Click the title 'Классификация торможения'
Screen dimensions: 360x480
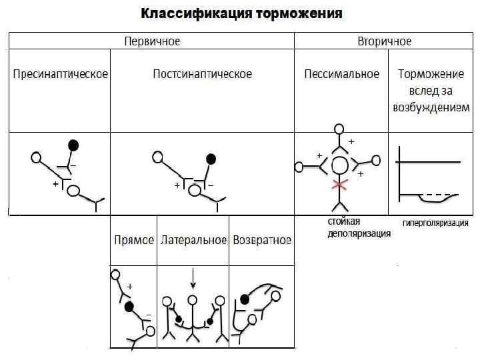[241, 13]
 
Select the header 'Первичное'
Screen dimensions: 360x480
[152, 41]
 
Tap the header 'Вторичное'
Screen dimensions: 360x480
[384, 41]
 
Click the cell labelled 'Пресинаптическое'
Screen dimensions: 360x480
[61, 74]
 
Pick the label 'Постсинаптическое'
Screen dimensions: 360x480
[203, 74]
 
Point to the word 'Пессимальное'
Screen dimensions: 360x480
[341, 74]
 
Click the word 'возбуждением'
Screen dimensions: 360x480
[431, 107]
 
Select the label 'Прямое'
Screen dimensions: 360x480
[134, 240]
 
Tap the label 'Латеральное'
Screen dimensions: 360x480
[193, 240]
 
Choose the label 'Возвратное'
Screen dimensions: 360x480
[261, 240]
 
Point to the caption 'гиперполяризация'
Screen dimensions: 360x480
[435, 223]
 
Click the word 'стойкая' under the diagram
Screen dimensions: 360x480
[344, 221]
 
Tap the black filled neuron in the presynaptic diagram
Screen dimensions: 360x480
[73, 145]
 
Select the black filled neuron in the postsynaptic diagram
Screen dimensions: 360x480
[211, 159]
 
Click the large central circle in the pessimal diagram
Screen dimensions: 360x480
[340, 164]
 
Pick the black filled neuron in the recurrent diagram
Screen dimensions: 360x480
[245, 299]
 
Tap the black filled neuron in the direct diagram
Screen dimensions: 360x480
[129, 307]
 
